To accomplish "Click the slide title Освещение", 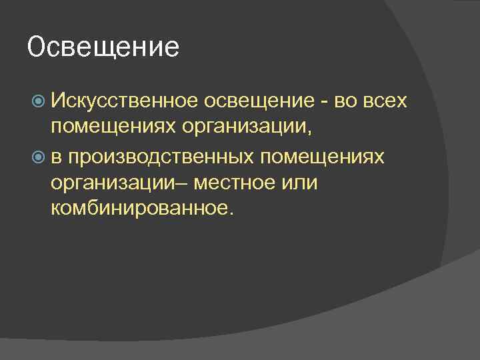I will pos(104,48).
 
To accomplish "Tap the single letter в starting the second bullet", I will pos(57,156).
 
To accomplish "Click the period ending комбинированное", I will pos(231,214).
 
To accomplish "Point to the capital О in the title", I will pos(37,48).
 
